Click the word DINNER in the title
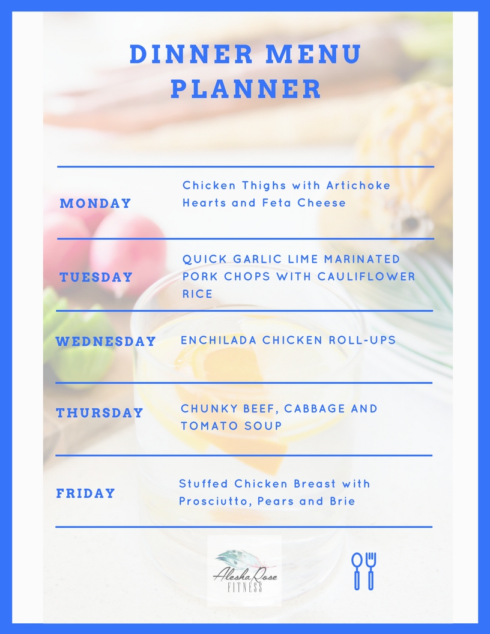point(191,54)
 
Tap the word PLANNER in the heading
point(246,89)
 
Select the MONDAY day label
point(95,203)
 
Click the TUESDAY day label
point(96,277)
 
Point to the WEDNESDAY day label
point(106,341)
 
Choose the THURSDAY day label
point(100,412)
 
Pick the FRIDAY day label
point(86,493)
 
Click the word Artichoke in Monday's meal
point(358,185)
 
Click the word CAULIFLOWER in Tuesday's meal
point(366,277)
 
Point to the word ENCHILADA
point(219,340)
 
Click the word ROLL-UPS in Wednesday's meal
point(362,340)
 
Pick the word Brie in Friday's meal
point(342,501)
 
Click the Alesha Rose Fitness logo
point(244,570)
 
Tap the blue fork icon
point(371,571)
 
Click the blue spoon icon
point(357,571)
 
